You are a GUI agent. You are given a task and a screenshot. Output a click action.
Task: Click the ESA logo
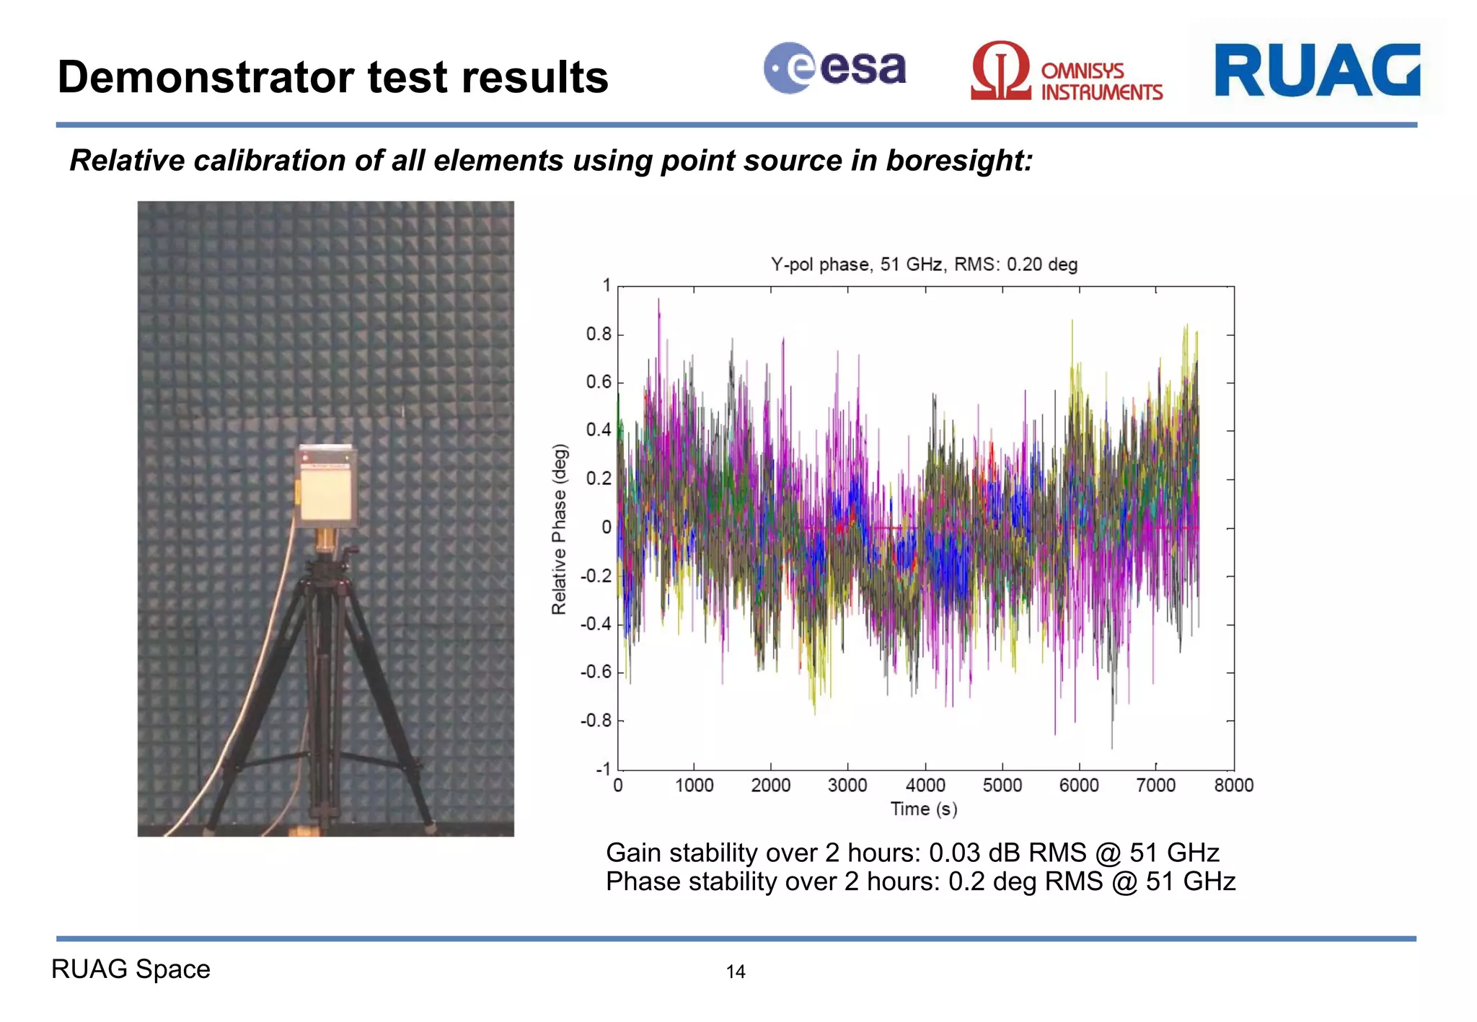click(x=834, y=68)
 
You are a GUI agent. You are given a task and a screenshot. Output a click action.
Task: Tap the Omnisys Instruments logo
click(x=1066, y=72)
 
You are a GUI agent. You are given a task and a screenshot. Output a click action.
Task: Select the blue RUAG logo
click(x=1317, y=70)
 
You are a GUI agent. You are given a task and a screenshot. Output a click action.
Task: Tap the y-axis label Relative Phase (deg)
click(x=560, y=529)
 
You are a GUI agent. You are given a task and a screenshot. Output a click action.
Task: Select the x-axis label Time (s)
click(x=923, y=809)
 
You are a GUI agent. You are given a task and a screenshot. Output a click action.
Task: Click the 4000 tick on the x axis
click(x=925, y=785)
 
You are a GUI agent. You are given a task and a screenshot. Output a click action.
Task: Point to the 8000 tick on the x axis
click(x=1233, y=785)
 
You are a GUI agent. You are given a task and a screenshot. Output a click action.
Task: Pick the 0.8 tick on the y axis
click(x=598, y=334)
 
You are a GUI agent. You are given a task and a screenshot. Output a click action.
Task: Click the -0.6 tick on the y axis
click(x=596, y=672)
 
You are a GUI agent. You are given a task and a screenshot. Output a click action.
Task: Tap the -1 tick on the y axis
click(x=602, y=768)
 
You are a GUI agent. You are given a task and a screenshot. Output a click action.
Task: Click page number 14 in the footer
click(x=735, y=972)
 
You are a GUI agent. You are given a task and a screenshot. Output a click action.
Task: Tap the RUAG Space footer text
click(x=131, y=969)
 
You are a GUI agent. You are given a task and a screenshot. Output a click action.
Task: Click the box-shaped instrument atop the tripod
click(x=326, y=486)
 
